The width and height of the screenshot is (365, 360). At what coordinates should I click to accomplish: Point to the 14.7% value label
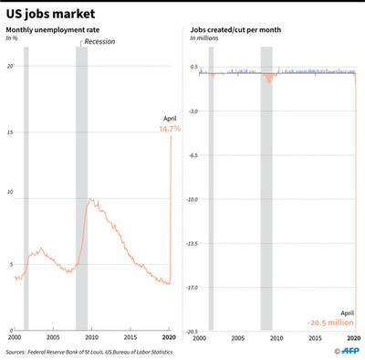pyautogui.click(x=169, y=129)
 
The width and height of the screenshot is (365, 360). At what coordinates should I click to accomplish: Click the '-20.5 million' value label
pyautogui.click(x=332, y=322)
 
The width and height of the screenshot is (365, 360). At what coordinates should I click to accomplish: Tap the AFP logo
pyautogui.click(x=344, y=349)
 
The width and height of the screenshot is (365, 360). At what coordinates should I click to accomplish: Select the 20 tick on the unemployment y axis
pyautogui.click(x=8, y=68)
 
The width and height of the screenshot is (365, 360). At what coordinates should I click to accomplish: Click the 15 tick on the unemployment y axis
pyautogui.click(x=8, y=134)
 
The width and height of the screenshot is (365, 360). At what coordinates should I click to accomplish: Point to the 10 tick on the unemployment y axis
pyautogui.click(x=8, y=193)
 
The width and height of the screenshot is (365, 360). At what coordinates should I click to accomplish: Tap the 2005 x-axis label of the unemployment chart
pyautogui.click(x=53, y=338)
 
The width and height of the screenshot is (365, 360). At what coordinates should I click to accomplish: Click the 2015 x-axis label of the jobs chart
pyautogui.click(x=314, y=338)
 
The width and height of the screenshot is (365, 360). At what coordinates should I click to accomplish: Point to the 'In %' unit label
pyautogui.click(x=13, y=39)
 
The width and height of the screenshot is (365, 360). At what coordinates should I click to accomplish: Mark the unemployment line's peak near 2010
pyautogui.click(x=88, y=198)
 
